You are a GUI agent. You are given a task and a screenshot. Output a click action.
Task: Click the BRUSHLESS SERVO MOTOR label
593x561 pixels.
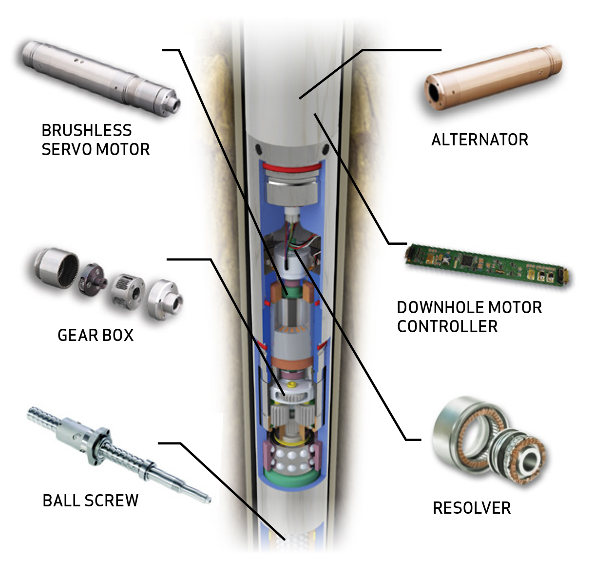click(x=96, y=140)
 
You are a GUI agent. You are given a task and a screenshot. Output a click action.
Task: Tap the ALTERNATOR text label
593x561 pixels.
click(x=479, y=140)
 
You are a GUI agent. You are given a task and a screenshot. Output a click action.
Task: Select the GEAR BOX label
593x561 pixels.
click(x=96, y=336)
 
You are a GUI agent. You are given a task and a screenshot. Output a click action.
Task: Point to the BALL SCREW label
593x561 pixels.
click(x=91, y=501)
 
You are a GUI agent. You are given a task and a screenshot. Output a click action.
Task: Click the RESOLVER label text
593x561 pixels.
click(x=472, y=508)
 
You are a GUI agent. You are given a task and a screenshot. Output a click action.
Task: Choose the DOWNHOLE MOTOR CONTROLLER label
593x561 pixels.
click(x=469, y=317)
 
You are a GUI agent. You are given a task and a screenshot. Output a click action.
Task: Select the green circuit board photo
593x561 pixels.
click(x=487, y=263)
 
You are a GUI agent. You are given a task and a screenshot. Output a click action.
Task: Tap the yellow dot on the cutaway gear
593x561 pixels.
click(x=292, y=385)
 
